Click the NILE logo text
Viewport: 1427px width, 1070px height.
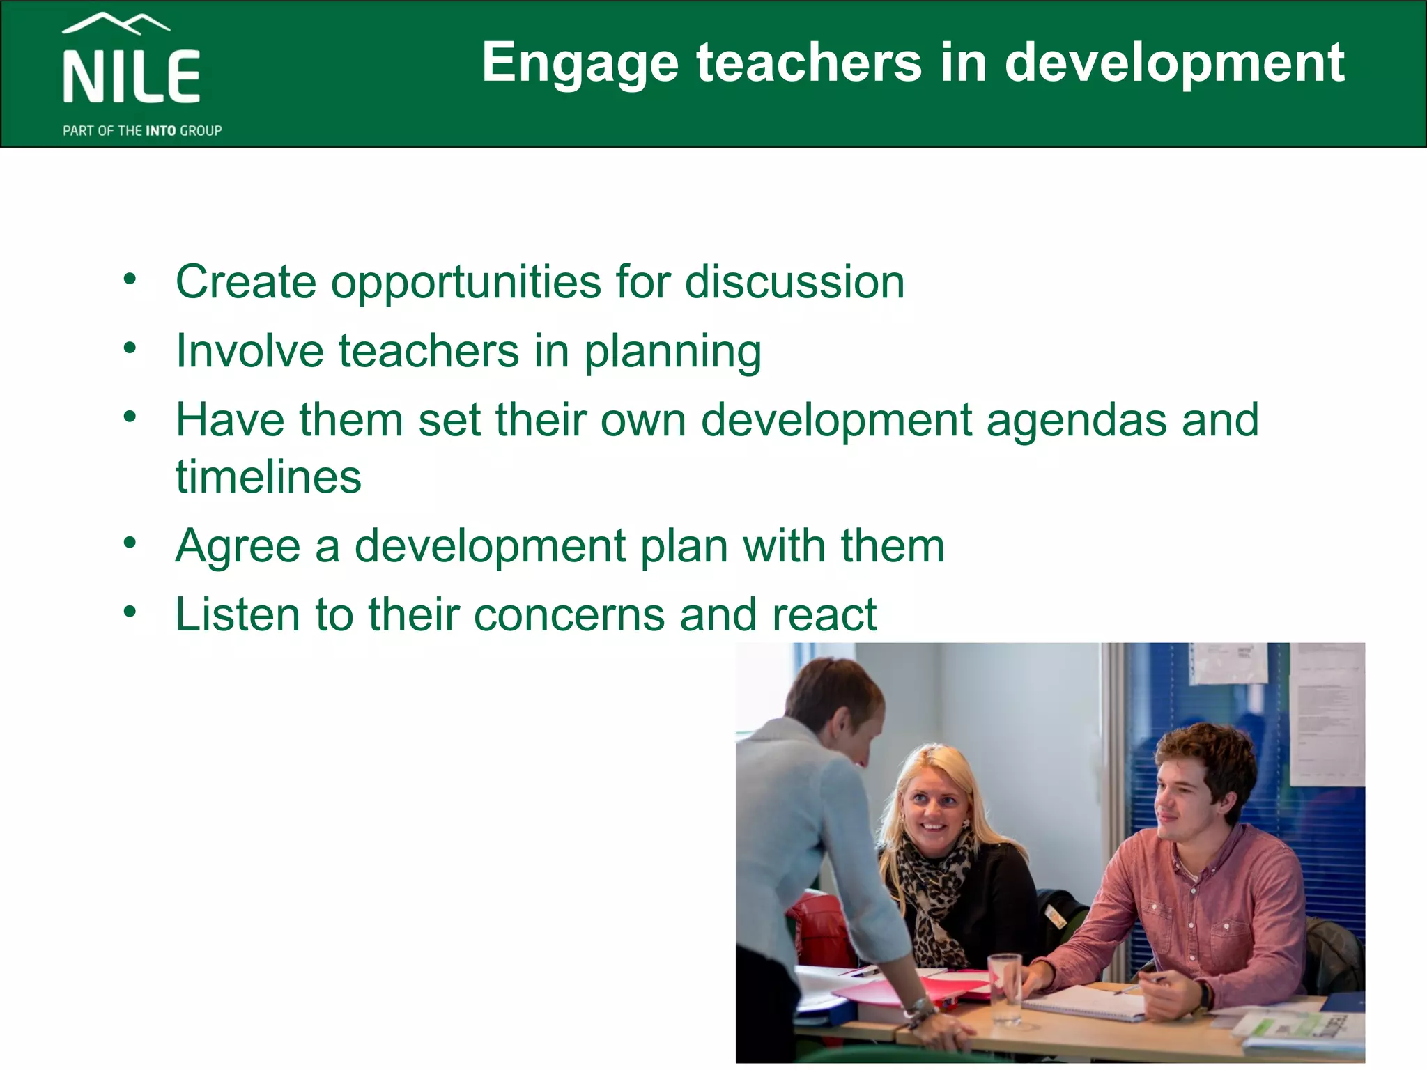[x=132, y=77]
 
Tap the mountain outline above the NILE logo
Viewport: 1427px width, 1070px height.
[x=116, y=23]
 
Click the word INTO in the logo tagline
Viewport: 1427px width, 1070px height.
[x=161, y=131]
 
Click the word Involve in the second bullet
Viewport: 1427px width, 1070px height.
[x=249, y=350]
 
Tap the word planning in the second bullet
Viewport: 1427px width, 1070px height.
[x=672, y=352]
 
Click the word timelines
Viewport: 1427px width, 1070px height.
[x=269, y=477]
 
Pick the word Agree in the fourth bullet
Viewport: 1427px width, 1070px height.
[x=238, y=547]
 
